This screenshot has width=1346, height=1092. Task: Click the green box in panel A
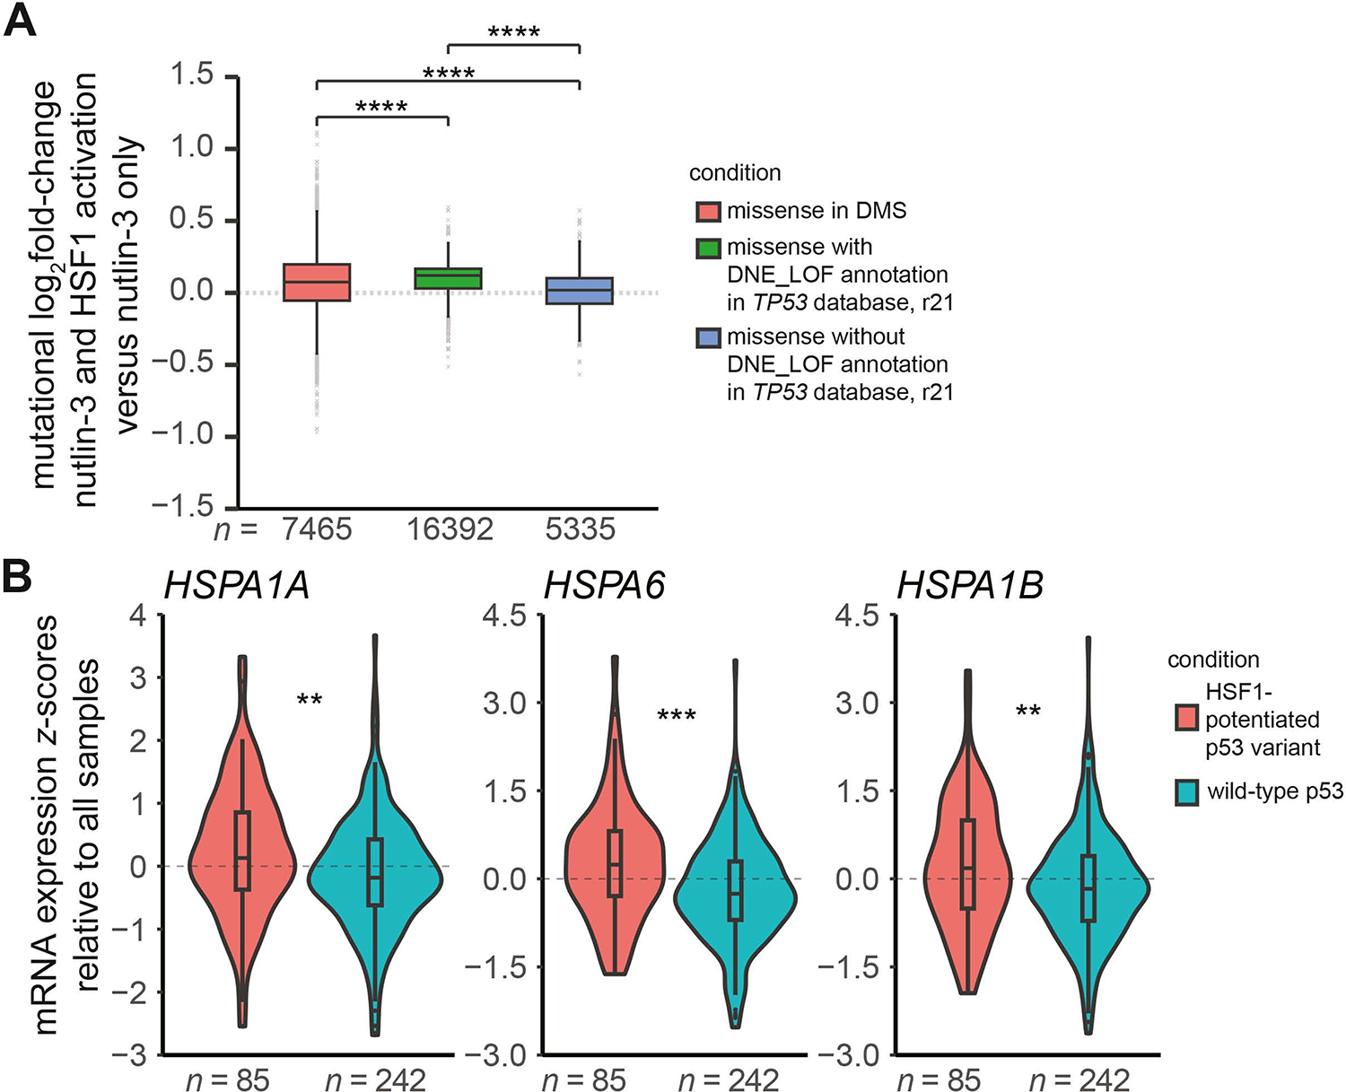pyautogui.click(x=448, y=279)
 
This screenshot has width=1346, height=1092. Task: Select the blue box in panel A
pyautogui.click(x=580, y=291)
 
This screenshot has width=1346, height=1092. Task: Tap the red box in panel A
pyautogui.click(x=317, y=282)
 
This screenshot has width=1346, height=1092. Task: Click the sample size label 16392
pyautogui.click(x=450, y=529)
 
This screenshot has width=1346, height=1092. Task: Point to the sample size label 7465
pyautogui.click(x=317, y=529)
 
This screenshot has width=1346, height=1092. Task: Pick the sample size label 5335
pyautogui.click(x=580, y=529)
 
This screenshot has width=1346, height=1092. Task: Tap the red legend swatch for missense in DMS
pyautogui.click(x=708, y=211)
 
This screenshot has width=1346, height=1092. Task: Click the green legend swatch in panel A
pyautogui.click(x=708, y=249)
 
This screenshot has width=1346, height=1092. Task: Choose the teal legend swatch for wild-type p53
pyautogui.click(x=1187, y=792)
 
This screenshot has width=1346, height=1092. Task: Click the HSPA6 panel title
pyautogui.click(x=604, y=586)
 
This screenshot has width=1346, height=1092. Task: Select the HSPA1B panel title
pyautogui.click(x=970, y=586)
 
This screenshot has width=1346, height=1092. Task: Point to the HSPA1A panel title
pyautogui.click(x=237, y=586)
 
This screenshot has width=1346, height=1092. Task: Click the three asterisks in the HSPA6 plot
pyautogui.click(x=677, y=716)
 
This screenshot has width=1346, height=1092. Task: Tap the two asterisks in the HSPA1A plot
pyautogui.click(x=310, y=700)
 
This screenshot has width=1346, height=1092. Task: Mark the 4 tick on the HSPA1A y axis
pyautogui.click(x=138, y=615)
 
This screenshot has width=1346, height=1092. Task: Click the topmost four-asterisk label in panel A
pyautogui.click(x=514, y=31)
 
